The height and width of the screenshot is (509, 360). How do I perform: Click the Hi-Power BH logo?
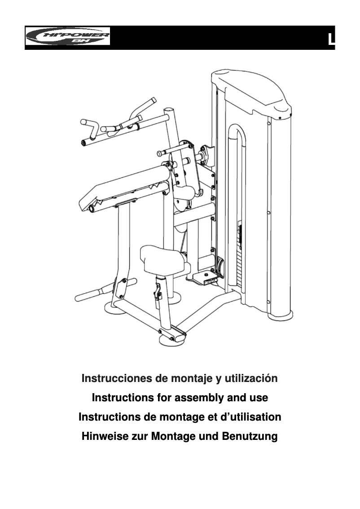coord(68,36)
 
